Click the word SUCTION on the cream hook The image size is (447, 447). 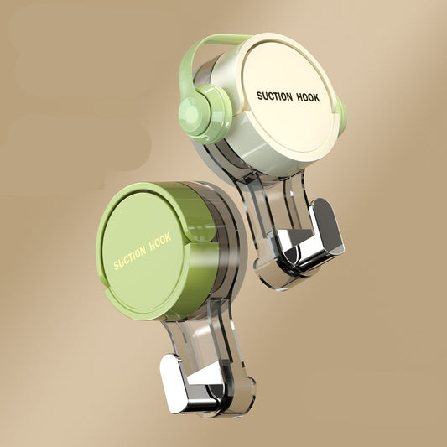275,95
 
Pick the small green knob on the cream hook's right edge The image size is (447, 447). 341,115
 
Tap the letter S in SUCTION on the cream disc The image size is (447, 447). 259,96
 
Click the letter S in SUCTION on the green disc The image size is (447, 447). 116,265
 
